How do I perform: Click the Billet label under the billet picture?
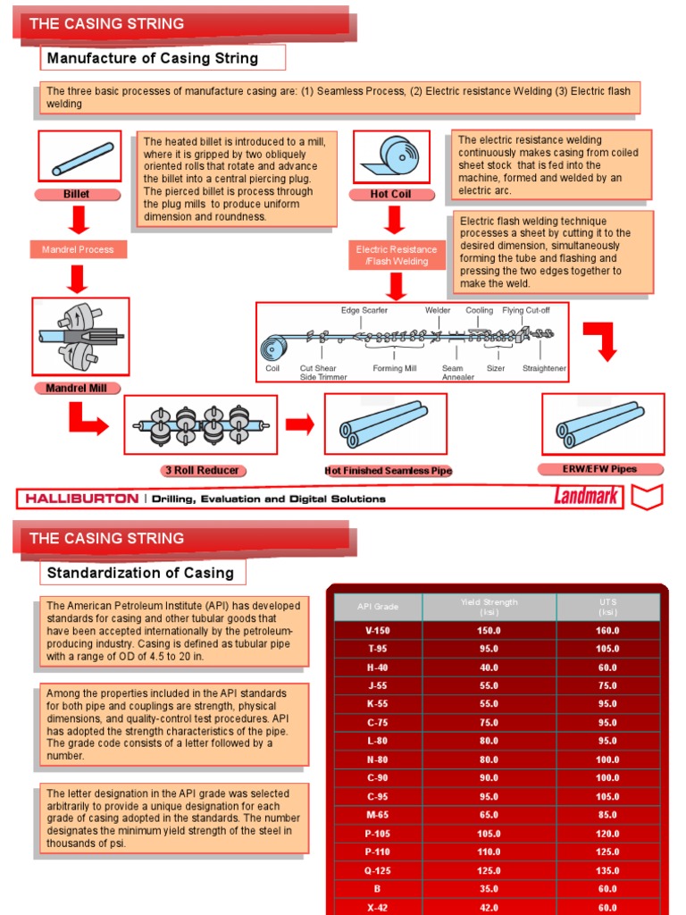77,194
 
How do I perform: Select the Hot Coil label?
389,194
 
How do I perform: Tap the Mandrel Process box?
78,249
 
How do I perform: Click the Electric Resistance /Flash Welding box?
397,256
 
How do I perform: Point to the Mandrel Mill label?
77,389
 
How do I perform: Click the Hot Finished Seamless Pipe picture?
385,424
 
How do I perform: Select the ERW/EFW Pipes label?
602,469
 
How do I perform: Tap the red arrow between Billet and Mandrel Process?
78,219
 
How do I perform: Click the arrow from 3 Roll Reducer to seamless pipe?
300,424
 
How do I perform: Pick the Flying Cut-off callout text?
526,311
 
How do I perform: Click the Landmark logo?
586,497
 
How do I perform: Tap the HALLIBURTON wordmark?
82,499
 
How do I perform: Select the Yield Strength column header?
489,607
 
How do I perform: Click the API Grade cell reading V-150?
377,631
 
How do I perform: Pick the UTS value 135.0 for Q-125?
607,870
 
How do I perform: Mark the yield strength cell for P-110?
489,852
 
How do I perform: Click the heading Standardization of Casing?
140,573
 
